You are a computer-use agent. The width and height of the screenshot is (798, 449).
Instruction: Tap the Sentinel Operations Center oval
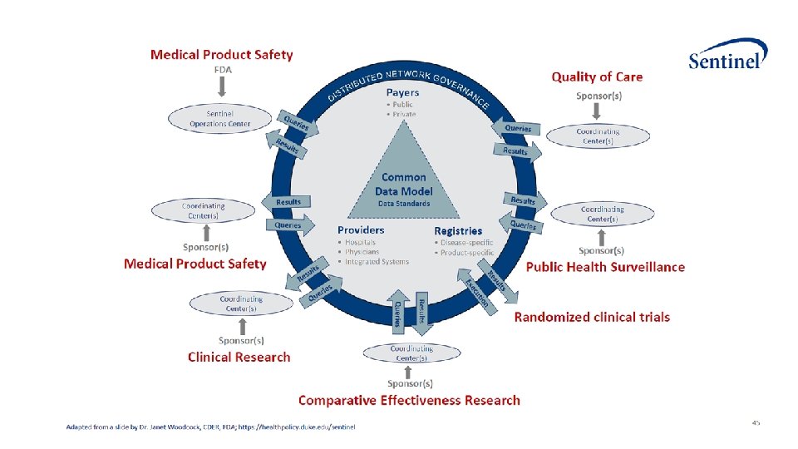(219, 118)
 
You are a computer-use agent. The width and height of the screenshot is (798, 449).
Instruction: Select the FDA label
(222, 70)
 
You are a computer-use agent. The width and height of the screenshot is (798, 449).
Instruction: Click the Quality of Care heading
(597, 76)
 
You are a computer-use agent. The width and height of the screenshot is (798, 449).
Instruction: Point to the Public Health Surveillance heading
(605, 267)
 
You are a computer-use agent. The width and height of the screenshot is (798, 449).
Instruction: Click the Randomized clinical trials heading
(592, 317)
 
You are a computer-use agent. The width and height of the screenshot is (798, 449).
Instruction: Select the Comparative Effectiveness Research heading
(409, 400)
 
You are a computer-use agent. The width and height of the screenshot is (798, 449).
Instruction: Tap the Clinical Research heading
(239, 357)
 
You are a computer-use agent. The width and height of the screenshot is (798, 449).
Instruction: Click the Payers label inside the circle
(402, 92)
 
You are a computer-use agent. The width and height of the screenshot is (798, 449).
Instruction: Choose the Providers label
(361, 229)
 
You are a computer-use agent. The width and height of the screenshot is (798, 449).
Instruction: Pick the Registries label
(458, 230)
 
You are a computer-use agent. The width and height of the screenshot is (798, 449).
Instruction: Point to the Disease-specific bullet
(466, 243)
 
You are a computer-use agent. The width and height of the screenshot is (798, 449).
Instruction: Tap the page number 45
(755, 422)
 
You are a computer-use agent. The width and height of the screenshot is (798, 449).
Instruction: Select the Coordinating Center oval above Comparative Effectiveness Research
(411, 353)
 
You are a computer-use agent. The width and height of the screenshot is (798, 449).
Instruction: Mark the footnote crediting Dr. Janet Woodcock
(210, 427)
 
